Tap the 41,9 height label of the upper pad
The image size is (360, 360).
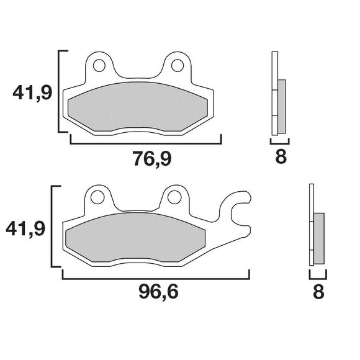tap(30, 94)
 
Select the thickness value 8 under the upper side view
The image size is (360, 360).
tap(281, 157)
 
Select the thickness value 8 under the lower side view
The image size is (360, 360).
tap(318, 291)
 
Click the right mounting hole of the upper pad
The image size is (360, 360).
tap(176, 65)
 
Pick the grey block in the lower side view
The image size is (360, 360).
tap(319, 239)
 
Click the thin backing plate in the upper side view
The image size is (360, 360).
tap(274, 93)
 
